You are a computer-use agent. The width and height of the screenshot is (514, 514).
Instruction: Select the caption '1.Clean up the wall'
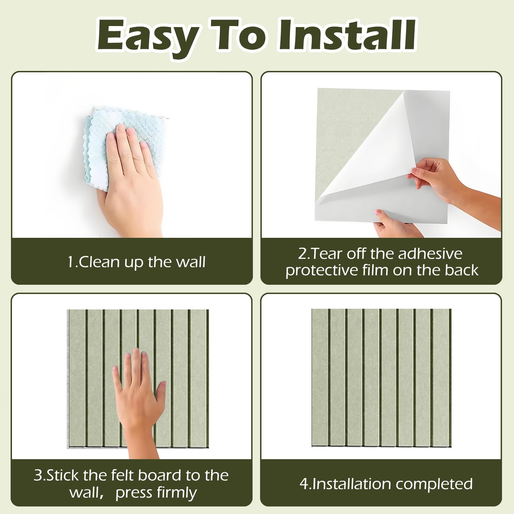136,262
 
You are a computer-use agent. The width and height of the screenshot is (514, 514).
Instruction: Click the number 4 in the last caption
304,484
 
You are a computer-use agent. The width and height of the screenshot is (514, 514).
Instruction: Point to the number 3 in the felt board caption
38,476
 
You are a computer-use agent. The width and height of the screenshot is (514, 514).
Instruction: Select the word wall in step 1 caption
191,262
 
